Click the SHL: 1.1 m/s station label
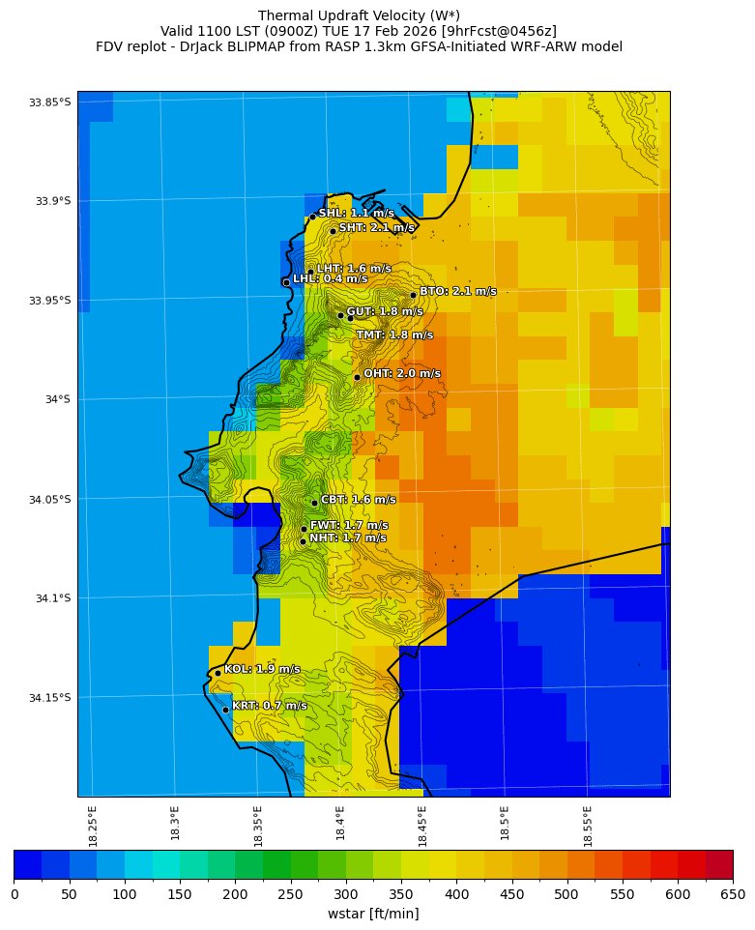tap(356, 213)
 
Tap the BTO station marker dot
tap(413, 295)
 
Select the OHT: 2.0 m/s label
tap(401, 373)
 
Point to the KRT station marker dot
tap(225, 710)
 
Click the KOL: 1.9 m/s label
tap(261, 669)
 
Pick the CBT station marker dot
tap(314, 503)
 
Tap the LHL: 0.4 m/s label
tap(330, 278)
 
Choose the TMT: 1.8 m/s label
tap(394, 334)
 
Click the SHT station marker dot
tap(333, 231)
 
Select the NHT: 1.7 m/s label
tap(347, 538)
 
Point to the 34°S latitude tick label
tap(54, 399)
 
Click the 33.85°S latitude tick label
tap(50, 102)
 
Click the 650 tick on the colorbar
tap(732, 895)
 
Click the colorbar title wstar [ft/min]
tap(373, 914)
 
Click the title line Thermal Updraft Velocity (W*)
tap(359, 15)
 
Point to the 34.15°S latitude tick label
tap(50, 698)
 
